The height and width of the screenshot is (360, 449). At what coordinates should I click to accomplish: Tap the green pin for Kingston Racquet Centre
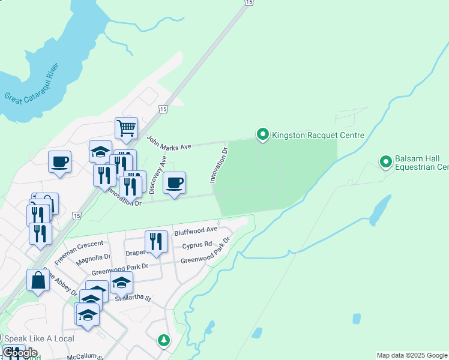262,135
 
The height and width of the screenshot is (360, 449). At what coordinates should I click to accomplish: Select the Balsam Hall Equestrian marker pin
385,161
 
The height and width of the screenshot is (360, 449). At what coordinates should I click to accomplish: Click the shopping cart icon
126,127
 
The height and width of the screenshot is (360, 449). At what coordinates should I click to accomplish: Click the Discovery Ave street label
157,175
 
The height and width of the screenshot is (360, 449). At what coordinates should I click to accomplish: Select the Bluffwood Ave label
195,230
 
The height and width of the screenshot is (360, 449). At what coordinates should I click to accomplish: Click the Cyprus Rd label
197,245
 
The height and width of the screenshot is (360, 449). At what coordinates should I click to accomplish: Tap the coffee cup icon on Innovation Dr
174,182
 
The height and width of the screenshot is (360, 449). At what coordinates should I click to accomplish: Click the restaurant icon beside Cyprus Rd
156,241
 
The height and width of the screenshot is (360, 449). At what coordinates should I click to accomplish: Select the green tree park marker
163,341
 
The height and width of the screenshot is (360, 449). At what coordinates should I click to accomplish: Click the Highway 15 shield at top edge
248,3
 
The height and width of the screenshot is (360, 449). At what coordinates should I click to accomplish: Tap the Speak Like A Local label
39,339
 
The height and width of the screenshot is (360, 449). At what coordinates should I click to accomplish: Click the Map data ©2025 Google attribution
412,355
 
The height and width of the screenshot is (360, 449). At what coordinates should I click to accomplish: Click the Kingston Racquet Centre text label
318,135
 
